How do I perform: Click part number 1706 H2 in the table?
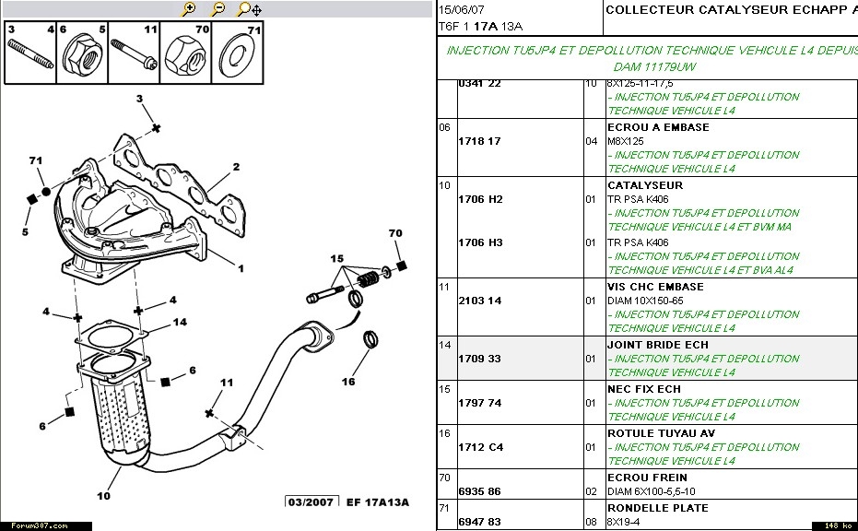(x=480, y=199)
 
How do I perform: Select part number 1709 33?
(x=480, y=359)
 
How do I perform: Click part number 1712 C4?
(x=480, y=447)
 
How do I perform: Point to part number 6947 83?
(x=480, y=522)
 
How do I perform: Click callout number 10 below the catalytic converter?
(x=103, y=496)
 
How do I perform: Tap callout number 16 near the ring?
(x=348, y=381)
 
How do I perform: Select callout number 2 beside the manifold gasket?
(x=236, y=167)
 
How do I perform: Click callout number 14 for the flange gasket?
(x=181, y=322)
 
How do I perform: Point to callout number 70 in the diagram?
(x=395, y=233)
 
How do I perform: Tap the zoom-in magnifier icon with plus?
(x=190, y=9)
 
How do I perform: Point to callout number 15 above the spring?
(x=337, y=257)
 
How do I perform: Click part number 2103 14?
(x=480, y=301)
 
